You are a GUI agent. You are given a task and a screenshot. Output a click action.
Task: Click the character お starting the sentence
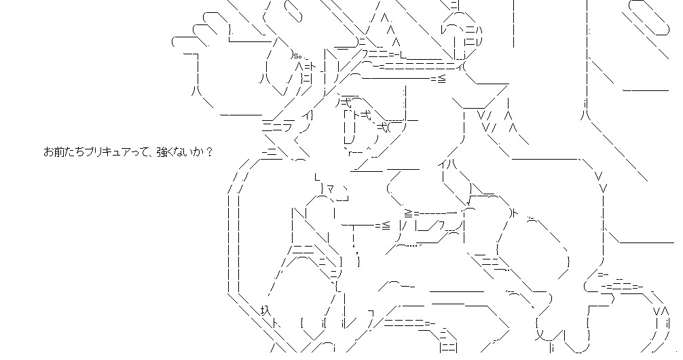pos(48,152)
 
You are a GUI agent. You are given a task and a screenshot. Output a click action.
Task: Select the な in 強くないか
pos(181,152)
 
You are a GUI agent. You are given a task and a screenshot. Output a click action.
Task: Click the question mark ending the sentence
pos(208,152)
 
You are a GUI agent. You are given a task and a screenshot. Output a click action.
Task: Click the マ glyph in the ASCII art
pos(331,188)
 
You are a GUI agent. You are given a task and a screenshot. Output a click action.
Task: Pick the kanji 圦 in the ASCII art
pos(265,310)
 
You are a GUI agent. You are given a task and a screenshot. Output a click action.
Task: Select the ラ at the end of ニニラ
pos(287,127)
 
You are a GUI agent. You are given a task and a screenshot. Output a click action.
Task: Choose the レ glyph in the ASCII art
pos(445,30)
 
